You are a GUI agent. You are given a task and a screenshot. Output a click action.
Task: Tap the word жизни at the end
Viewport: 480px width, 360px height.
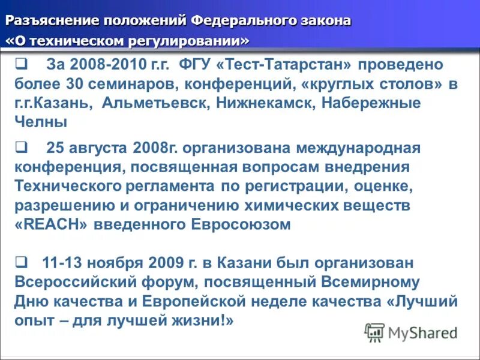coord(203,320)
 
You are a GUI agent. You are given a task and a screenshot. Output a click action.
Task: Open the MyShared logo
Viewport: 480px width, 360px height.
coord(411,332)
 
